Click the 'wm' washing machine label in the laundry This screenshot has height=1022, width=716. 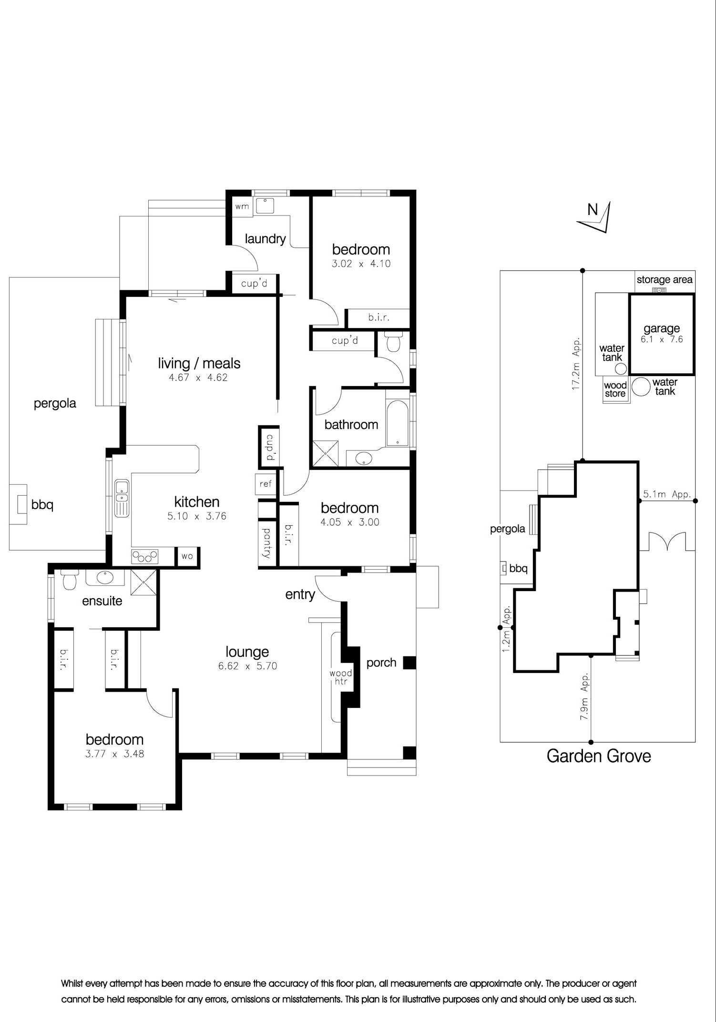[x=242, y=207]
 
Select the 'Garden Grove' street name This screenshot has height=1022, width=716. [x=599, y=756]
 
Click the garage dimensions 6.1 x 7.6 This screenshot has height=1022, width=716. [x=662, y=339]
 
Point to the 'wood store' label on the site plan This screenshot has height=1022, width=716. [x=615, y=389]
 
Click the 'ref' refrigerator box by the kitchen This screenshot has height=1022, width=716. [x=266, y=484]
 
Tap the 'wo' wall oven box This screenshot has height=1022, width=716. [x=187, y=556]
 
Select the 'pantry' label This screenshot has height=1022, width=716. [x=267, y=542]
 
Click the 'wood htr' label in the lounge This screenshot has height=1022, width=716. [x=341, y=677]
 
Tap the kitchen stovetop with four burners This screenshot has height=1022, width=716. [x=145, y=556]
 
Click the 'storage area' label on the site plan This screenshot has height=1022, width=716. [x=665, y=280]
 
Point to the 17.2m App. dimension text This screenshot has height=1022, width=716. [x=576, y=364]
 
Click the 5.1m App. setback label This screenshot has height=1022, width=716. [x=667, y=494]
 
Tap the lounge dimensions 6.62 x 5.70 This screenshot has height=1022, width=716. [x=247, y=666]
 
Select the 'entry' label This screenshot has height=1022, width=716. [x=300, y=594]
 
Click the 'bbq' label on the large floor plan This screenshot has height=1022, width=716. [x=42, y=504]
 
